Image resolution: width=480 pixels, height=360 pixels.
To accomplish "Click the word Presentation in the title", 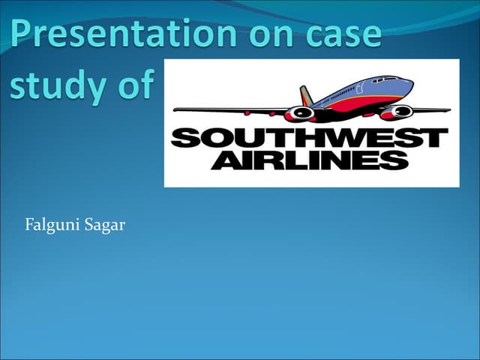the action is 123,33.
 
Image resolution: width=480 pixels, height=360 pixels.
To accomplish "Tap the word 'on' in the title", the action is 271,36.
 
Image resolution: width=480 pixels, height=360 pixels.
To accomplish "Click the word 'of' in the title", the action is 136,82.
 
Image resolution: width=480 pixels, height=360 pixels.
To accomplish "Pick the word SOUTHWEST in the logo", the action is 309,138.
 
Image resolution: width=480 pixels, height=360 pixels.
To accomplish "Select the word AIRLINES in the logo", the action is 310,160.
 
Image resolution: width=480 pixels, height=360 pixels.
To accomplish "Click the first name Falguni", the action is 52,225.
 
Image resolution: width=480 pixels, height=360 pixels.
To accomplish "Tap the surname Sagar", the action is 105,226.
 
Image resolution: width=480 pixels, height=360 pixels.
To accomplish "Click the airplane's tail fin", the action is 306,96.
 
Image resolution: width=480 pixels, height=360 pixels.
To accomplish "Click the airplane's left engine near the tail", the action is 300,113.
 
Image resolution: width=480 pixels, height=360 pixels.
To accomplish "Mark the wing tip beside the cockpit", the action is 448,110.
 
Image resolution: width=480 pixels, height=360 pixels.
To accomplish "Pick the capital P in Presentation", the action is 21,33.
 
